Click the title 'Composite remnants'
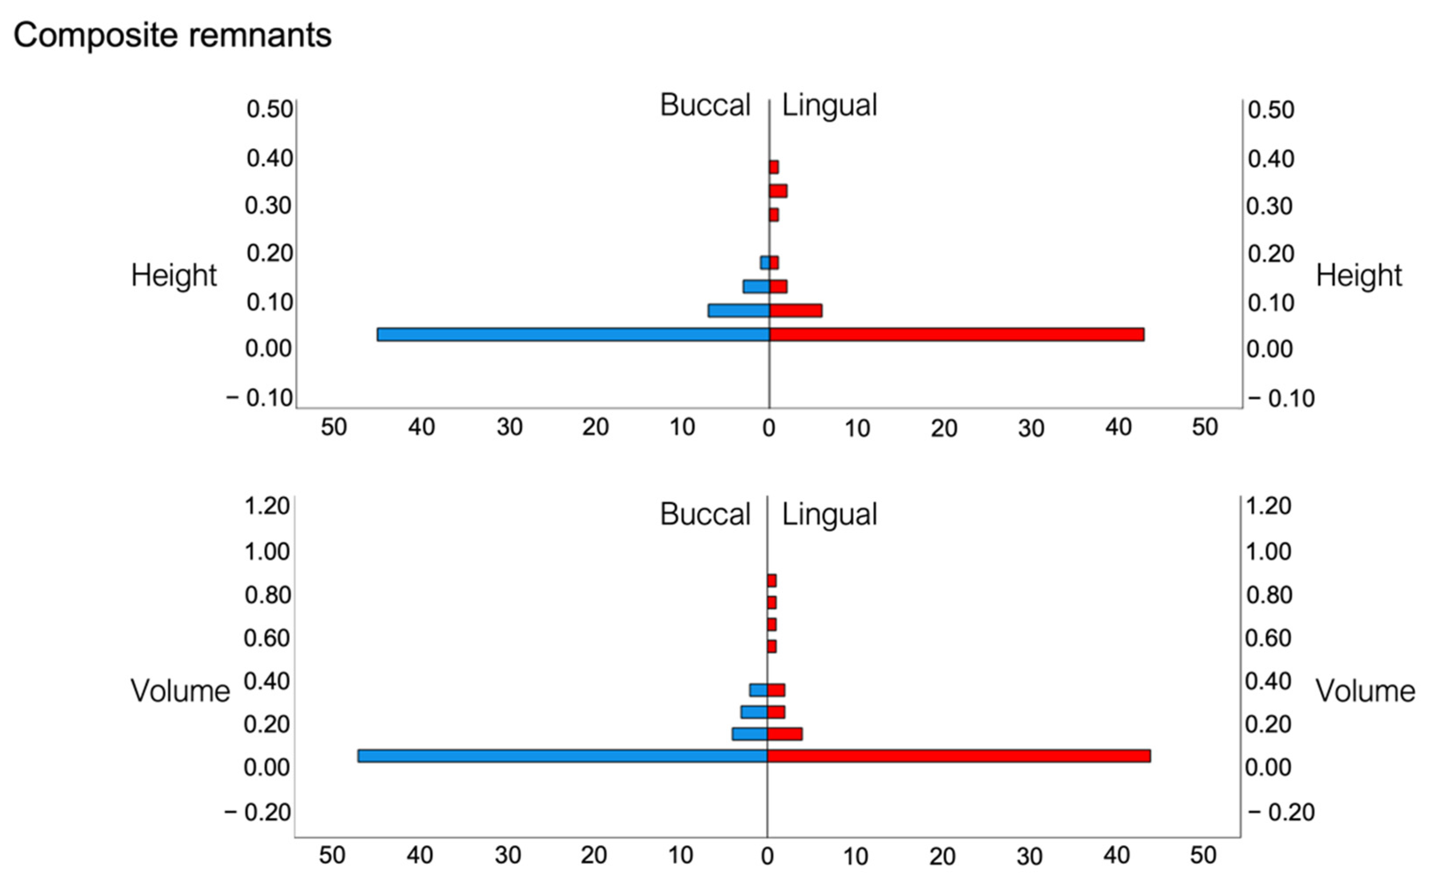click(x=172, y=36)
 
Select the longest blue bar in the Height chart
click(x=573, y=334)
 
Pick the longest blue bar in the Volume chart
click(x=563, y=756)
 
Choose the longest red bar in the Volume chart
click(x=959, y=756)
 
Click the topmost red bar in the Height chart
click(x=774, y=167)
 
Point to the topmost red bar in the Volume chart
click(x=772, y=581)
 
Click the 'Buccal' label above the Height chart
click(x=705, y=105)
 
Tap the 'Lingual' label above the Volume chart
click(x=829, y=515)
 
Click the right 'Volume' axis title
click(x=1366, y=691)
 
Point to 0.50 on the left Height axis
click(x=270, y=109)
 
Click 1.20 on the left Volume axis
click(x=266, y=506)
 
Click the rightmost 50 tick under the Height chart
click(x=1205, y=427)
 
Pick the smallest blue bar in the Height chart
click(x=765, y=262)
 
